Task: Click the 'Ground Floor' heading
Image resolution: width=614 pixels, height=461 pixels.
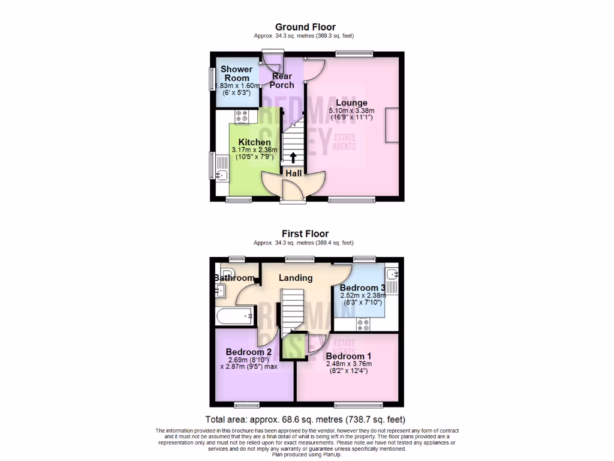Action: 305,27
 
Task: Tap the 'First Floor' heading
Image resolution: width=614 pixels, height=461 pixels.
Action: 306,234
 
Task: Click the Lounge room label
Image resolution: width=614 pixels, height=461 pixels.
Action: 351,103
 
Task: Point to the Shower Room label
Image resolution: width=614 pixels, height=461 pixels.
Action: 236,74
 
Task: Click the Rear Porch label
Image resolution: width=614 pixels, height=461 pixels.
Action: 282,80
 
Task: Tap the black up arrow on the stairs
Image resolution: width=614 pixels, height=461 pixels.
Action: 293,158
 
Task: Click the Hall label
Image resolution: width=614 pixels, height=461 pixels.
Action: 293,173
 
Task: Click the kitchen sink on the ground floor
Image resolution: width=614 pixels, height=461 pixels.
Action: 220,175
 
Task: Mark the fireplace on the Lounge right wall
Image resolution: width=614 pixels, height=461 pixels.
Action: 393,124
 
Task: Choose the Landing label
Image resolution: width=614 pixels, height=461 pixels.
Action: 296,278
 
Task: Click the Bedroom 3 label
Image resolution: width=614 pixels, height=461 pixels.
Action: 362,288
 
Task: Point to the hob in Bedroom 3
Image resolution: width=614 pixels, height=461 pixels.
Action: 363,324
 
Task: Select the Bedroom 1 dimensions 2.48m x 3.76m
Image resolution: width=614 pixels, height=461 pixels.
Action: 349,364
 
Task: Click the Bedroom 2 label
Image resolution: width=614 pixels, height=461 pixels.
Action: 249,352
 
